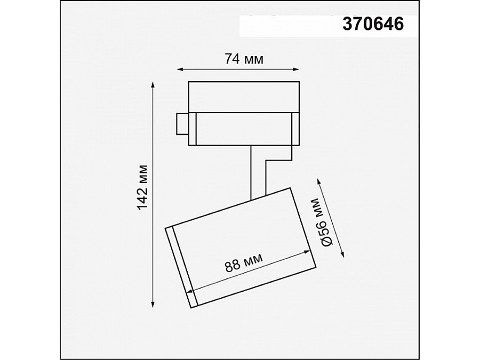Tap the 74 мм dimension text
pyautogui.click(x=244, y=59)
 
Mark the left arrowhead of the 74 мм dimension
pyautogui.click(x=180, y=69)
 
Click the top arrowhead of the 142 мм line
pyautogui.click(x=154, y=85)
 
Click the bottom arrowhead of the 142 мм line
pyautogui.click(x=154, y=305)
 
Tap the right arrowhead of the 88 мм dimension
pyautogui.click(x=308, y=251)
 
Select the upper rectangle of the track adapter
pyautogui.click(x=243, y=97)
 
